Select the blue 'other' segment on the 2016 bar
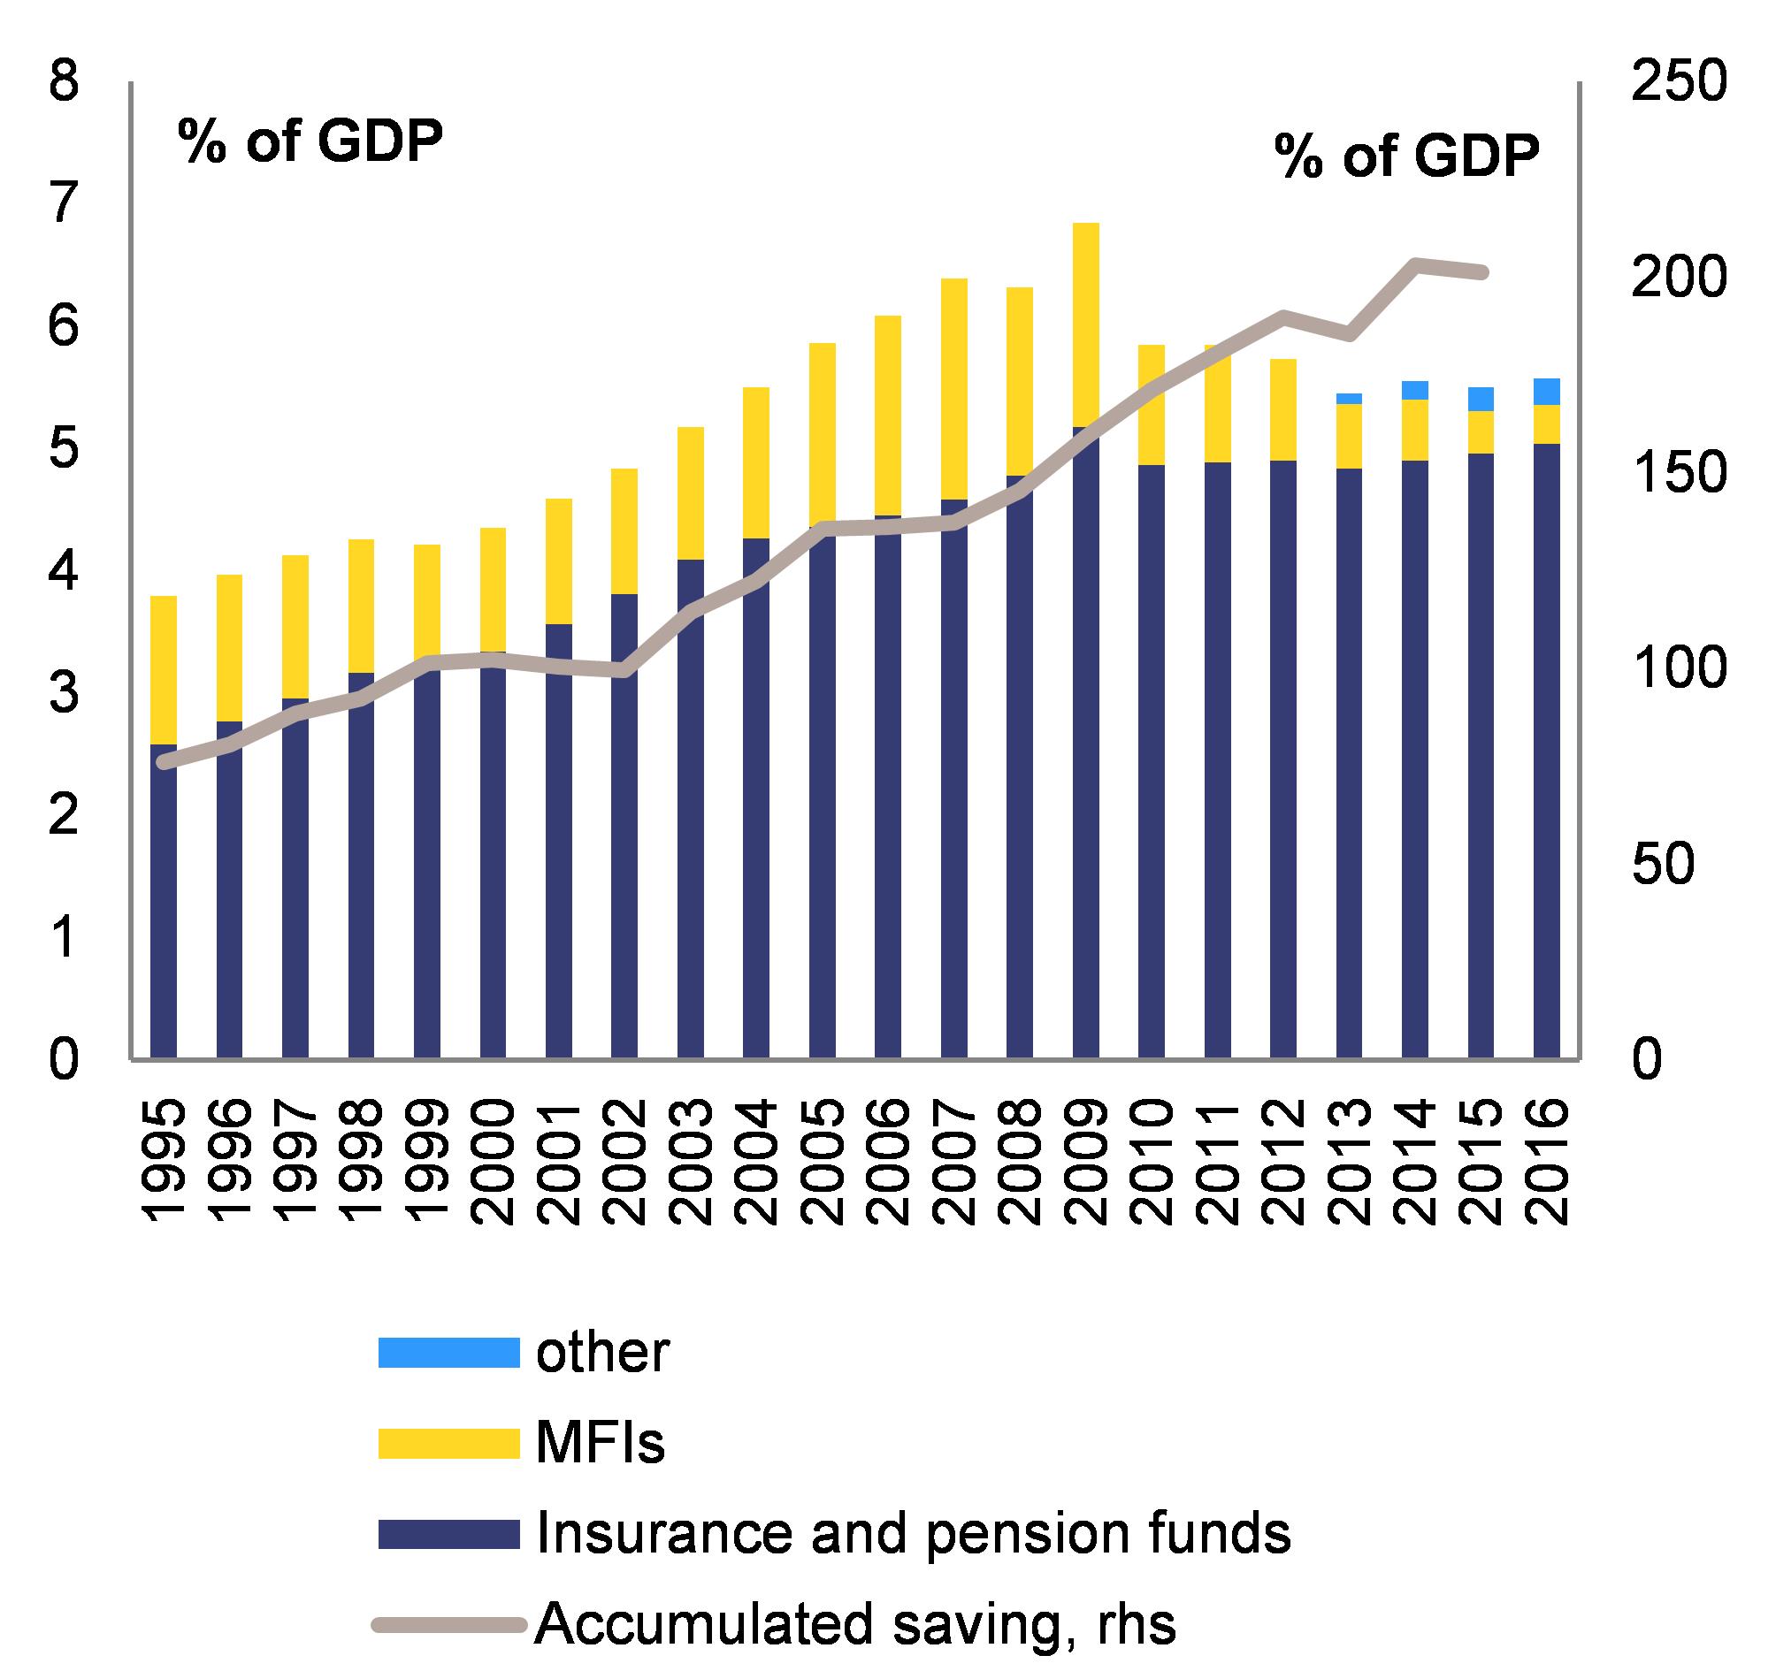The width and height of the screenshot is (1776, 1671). coord(1546,391)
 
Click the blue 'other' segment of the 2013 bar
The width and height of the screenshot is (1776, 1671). coord(1349,399)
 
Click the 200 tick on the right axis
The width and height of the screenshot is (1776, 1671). coord(1678,279)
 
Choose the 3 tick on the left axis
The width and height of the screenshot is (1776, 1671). coord(64,694)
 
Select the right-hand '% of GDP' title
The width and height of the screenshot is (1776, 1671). coord(1407,157)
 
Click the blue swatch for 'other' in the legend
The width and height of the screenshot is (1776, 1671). coord(448,1351)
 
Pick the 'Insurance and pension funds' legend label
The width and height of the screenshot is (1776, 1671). coord(913,1532)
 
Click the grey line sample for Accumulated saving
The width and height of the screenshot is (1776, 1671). coord(448,1622)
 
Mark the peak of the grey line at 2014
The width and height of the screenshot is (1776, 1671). coord(1415,263)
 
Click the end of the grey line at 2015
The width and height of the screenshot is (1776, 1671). coord(1481,272)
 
